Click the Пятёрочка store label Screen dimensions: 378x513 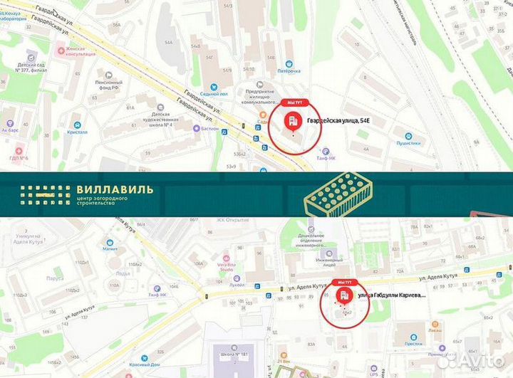pos(289,70)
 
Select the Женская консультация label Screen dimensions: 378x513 pos(81,52)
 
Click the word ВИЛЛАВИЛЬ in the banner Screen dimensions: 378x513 pos(113,190)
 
